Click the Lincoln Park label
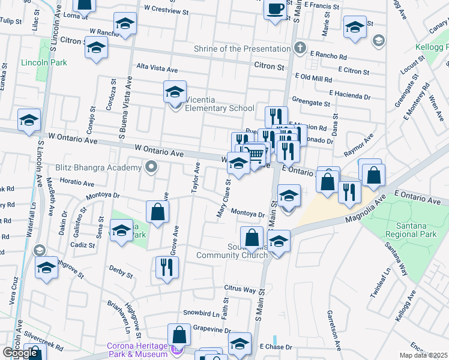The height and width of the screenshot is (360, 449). pos(43,62)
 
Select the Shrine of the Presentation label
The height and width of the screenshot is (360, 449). pos(241,49)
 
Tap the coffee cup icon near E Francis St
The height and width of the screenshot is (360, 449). pos(276,9)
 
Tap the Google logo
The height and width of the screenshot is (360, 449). pos(20,353)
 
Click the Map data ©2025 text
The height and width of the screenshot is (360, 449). pos(423,355)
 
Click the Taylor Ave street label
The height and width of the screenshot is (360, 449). pos(195,178)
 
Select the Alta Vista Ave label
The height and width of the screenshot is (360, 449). pos(157,68)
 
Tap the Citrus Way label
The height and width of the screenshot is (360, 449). pos(241,289)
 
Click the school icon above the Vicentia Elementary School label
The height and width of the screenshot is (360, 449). pos(175,92)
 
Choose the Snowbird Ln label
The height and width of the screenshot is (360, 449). pos(201,313)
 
